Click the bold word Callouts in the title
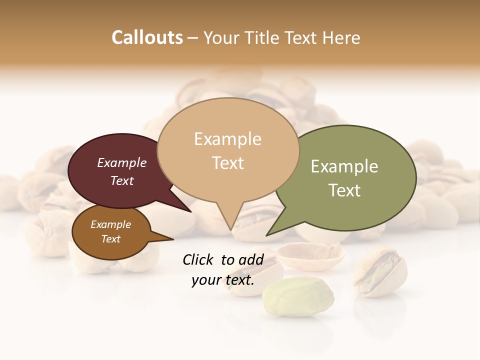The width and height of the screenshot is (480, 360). [x=147, y=37]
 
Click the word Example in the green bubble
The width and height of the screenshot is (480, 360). [x=344, y=166]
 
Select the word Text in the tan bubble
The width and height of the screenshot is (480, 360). [x=228, y=163]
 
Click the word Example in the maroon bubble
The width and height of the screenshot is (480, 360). [x=122, y=162]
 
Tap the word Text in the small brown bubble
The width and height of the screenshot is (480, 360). [x=111, y=239]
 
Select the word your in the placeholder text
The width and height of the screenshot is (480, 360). [x=206, y=280]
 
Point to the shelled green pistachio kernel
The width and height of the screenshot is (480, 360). [x=298, y=297]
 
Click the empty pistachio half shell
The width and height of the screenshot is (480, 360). [x=310, y=255]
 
